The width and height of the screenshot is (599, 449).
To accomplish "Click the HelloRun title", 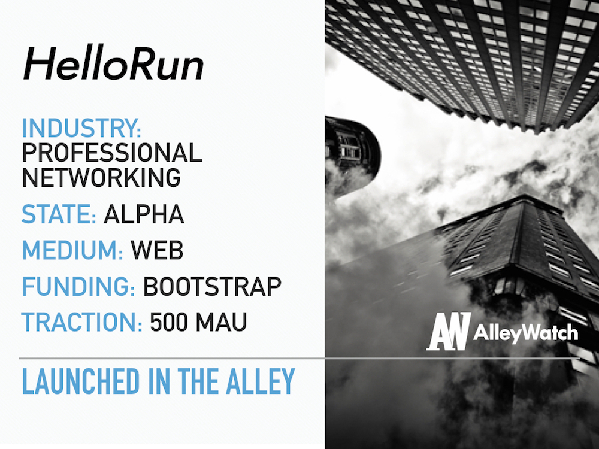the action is click(x=113, y=64).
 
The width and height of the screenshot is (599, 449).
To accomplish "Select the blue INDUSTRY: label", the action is click(x=81, y=128).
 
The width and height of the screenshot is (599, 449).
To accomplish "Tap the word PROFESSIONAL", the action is click(x=111, y=153).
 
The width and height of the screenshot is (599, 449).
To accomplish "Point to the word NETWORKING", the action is click(x=101, y=178).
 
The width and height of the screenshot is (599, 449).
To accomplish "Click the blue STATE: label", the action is click(x=59, y=214).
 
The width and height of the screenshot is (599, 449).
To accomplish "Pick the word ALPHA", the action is click(x=144, y=214).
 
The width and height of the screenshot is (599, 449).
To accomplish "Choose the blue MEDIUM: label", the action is click(x=72, y=250).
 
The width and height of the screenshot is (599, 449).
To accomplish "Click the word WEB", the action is click(x=157, y=250).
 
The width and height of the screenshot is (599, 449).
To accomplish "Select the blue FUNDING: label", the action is click(x=78, y=286).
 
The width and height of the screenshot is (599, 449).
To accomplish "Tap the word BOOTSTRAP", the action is click(x=212, y=286).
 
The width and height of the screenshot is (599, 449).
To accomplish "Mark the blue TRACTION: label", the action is click(x=81, y=322).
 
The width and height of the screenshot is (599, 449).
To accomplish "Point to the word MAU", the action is click(x=221, y=322).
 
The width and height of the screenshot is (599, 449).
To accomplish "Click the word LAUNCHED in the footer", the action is click(x=81, y=381).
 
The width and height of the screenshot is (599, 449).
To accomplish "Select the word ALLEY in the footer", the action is click(x=260, y=381).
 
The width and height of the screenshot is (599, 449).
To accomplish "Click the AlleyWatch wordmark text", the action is click(x=525, y=333).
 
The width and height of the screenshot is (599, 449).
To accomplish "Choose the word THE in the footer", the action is click(x=198, y=381).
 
